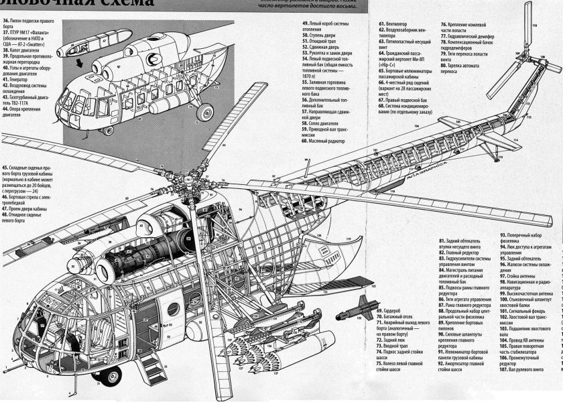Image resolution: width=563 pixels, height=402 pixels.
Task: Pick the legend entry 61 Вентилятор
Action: [398, 23]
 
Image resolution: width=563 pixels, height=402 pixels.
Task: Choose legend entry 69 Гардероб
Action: [395, 311]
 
